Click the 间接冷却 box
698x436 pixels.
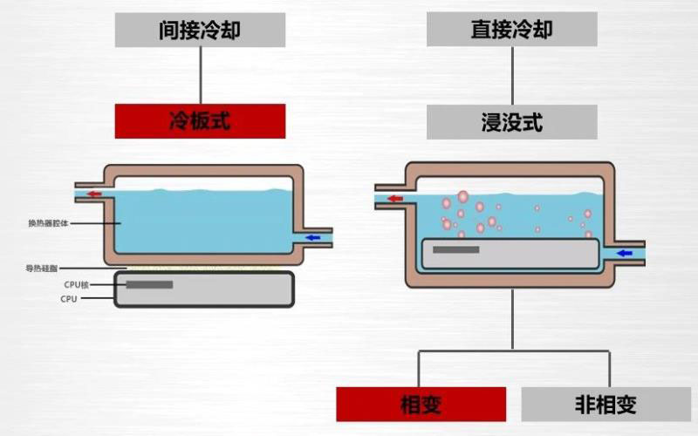tap(200, 31)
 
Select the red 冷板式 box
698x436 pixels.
tap(200, 120)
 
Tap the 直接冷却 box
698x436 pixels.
tap(511, 31)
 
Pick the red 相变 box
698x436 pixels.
tap(421, 404)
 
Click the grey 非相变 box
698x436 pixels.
tap(606, 404)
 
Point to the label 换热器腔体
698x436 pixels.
tap(48, 223)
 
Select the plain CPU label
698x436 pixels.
tap(69, 299)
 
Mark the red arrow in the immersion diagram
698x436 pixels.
tap(395, 199)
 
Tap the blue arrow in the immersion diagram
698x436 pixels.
tap(624, 253)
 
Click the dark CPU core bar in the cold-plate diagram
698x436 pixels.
tap(149, 284)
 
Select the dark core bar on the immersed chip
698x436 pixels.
tap(455, 250)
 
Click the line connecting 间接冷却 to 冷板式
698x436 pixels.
tap(201, 75)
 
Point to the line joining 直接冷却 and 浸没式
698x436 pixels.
tap(512, 75)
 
